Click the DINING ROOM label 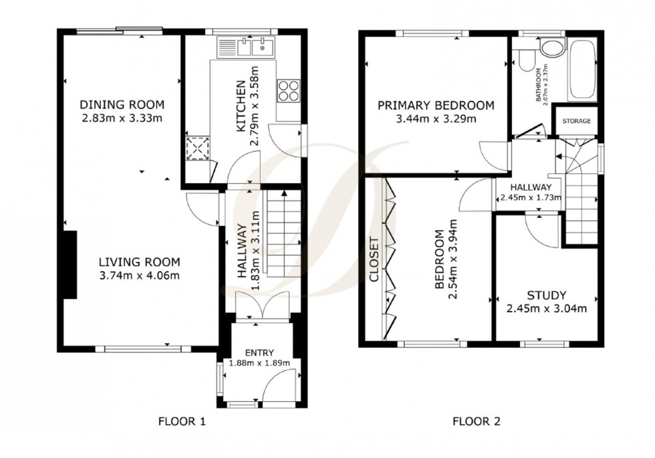pos(122,105)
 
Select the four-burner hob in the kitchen pos(289,90)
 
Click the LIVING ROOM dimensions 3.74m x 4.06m pos(141,275)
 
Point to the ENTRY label pos(259,353)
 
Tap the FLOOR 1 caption pos(181,421)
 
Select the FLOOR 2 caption pos(477,421)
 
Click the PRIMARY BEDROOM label pos(436,106)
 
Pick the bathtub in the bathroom pos(581,70)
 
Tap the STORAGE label pos(576,122)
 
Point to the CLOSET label pos(374,260)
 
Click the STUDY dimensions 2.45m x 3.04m pos(546,308)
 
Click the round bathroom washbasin pos(552,47)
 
